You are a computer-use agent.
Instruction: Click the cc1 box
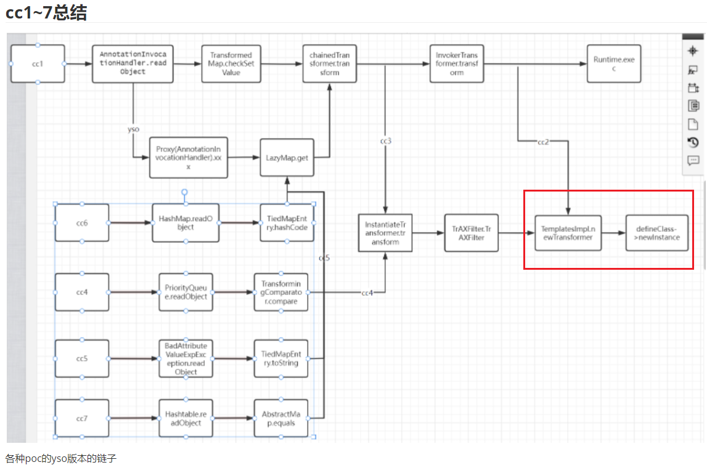38,63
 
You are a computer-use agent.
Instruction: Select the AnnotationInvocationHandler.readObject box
133,63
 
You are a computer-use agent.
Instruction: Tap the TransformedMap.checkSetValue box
231,63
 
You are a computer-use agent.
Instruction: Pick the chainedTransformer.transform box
329,63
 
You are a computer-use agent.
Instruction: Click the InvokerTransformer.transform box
456,63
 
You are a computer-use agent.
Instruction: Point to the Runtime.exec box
613,63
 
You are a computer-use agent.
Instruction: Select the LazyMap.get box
287,158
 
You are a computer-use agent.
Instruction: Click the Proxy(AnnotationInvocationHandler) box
188,158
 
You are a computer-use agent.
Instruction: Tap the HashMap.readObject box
185,223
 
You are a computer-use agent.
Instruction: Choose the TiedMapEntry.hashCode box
287,223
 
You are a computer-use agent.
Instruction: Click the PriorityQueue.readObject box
185,292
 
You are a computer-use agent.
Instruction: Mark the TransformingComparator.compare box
280,292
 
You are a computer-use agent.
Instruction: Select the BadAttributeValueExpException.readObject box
186,358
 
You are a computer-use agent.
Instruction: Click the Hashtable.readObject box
185,418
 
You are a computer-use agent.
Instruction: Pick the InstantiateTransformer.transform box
385,233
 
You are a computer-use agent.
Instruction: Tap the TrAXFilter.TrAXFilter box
471,233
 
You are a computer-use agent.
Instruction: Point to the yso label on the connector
133,130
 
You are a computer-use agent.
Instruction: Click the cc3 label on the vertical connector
385,141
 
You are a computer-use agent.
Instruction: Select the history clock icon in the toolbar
693,142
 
